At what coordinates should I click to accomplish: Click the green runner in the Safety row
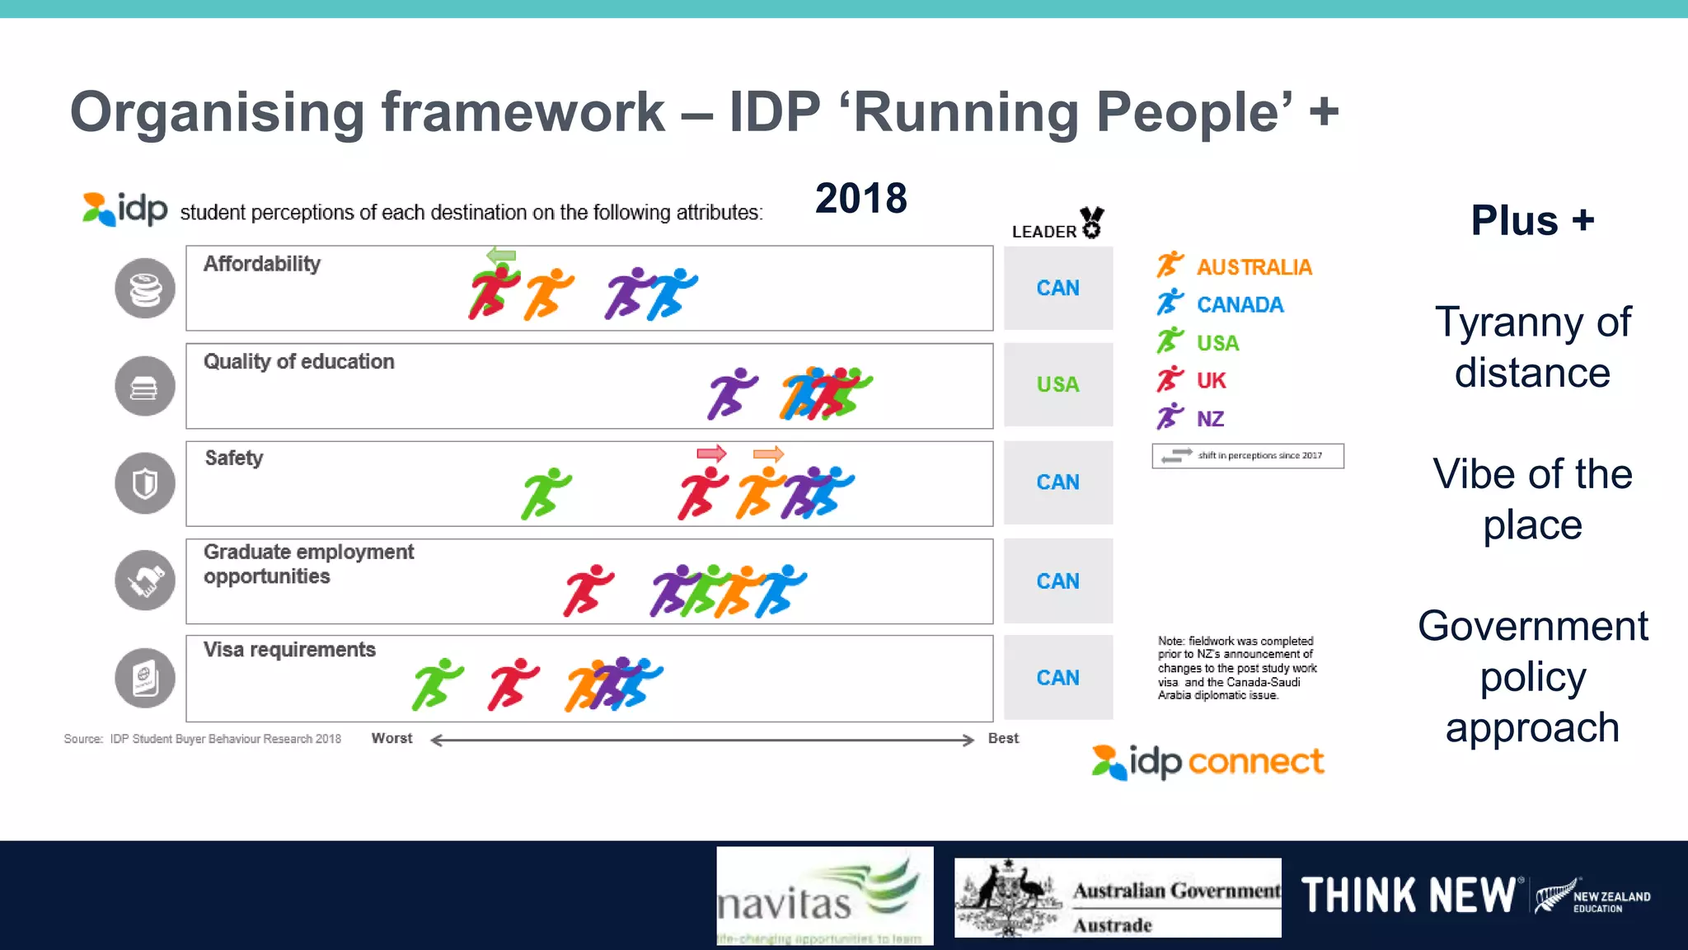546,493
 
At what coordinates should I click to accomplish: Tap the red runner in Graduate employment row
588,590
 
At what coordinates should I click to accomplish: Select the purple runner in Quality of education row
732,393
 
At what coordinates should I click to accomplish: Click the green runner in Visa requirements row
437,684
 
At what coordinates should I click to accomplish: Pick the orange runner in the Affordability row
549,294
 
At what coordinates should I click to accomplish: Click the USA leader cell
1057,384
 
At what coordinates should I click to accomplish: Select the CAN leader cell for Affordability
1057,288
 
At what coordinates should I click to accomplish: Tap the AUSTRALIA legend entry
1253,267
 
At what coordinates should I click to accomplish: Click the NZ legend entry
1209,419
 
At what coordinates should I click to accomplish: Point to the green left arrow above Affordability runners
501,255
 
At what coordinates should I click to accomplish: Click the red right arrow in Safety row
711,453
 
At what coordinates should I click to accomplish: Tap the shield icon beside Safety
145,483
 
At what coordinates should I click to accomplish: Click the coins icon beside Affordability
145,289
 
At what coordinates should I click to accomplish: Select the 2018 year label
860,199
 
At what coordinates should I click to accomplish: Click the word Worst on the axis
392,738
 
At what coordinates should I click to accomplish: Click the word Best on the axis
1003,738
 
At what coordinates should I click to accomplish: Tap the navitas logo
824,896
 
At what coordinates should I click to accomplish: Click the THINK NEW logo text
1408,896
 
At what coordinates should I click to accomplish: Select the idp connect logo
1208,762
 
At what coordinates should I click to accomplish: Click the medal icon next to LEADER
1092,223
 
